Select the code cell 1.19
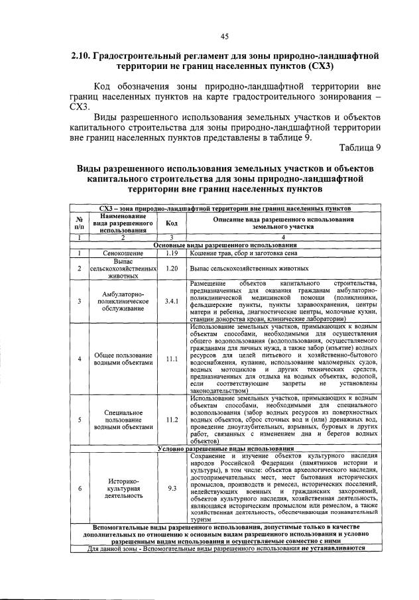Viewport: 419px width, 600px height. coord(172,253)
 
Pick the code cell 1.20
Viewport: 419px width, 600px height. coord(172,269)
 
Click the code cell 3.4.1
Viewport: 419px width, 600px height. coord(172,301)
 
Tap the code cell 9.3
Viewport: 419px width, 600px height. coord(172,488)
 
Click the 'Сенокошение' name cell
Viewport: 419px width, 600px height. coord(123,253)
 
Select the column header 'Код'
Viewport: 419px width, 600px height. coord(172,223)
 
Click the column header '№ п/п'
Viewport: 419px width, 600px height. coord(79,223)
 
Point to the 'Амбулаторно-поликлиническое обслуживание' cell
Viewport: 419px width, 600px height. coord(123,301)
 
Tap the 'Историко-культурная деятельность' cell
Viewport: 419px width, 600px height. coord(123,488)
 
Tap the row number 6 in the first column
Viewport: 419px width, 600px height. coord(79,488)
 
